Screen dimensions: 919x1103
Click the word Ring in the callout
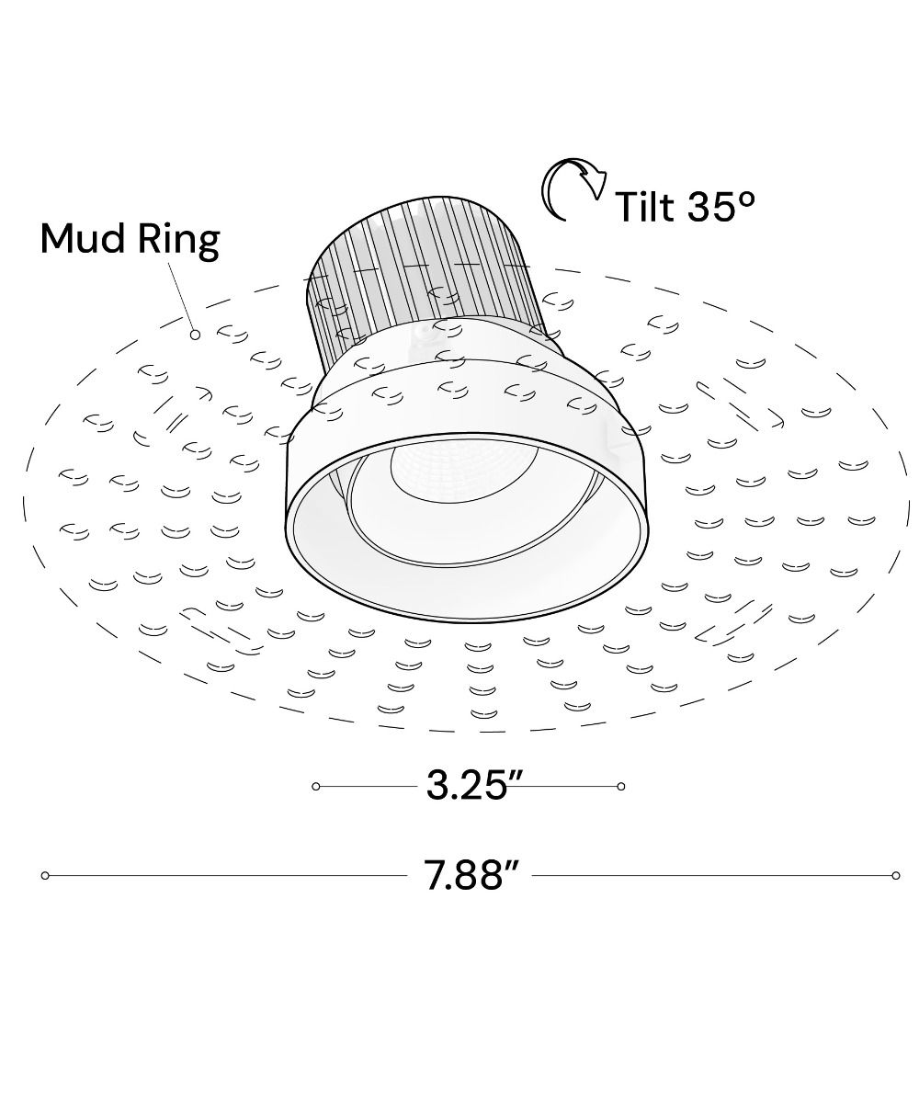point(179,241)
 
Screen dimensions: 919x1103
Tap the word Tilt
point(646,206)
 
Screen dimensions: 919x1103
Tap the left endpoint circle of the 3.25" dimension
point(316,801)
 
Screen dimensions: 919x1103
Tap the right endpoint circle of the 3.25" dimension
point(621,801)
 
